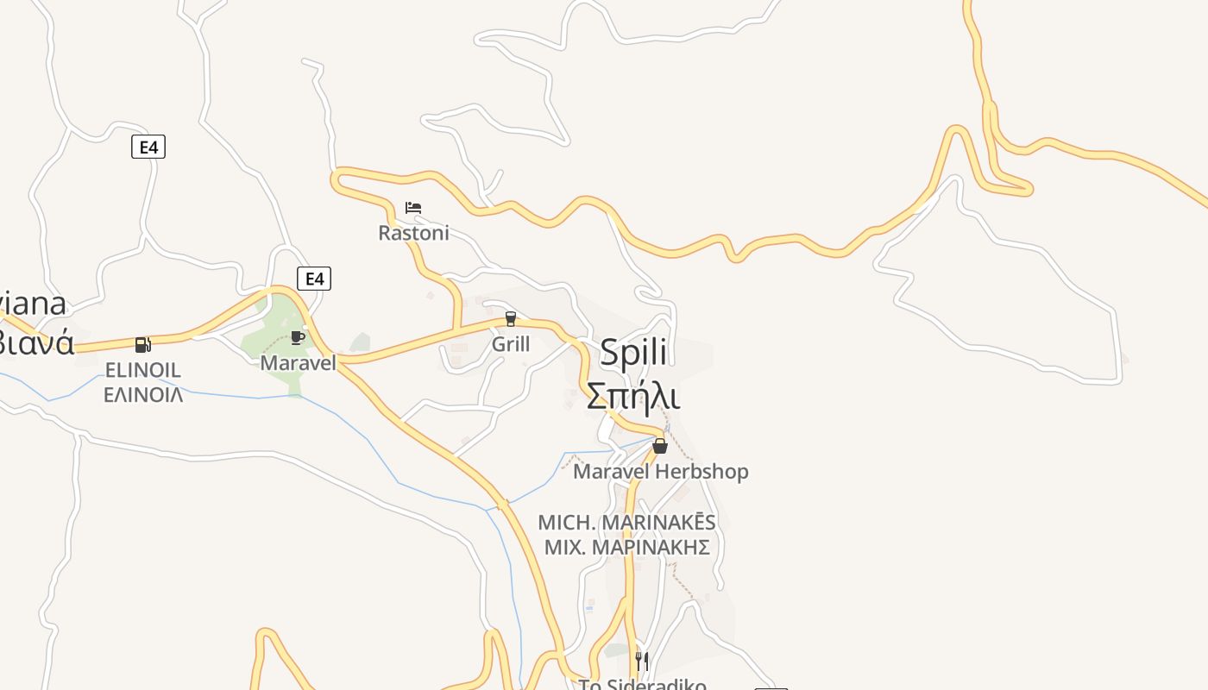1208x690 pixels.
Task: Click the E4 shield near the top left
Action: tap(148, 147)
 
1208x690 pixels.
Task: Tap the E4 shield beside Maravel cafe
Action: tap(314, 279)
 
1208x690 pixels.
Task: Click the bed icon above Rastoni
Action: tap(413, 208)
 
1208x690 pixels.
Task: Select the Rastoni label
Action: tap(413, 233)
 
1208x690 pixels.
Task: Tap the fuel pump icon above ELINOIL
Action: tap(142, 345)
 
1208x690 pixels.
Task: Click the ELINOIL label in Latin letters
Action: tap(142, 370)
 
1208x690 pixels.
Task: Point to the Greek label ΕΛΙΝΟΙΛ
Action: tap(142, 395)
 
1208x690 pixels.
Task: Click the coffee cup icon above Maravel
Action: tap(298, 337)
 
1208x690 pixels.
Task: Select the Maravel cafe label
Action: tap(298, 363)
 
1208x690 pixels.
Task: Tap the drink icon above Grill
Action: tap(510, 319)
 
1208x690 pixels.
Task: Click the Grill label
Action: tap(510, 344)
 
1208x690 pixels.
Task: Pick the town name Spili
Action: tap(633, 352)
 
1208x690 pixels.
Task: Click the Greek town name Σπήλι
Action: tap(633, 396)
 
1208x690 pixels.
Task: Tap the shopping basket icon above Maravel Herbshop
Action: tap(660, 446)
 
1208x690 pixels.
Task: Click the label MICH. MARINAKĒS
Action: tap(626, 523)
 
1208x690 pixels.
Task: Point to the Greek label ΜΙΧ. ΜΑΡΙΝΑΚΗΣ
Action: tap(626, 547)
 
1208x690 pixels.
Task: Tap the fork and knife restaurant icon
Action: tap(641, 662)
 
